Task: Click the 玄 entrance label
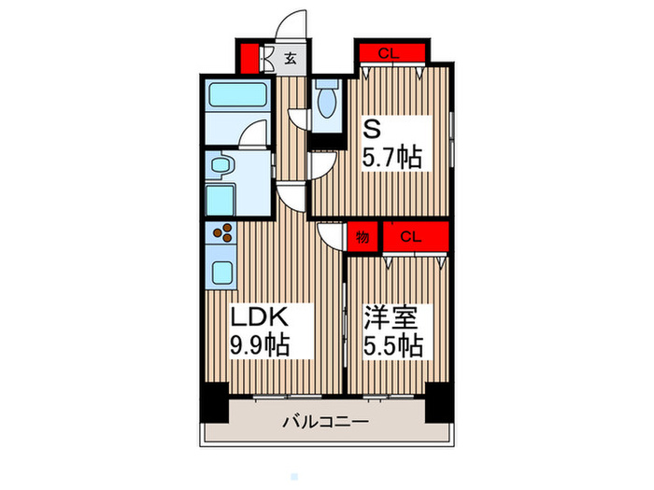click(291, 58)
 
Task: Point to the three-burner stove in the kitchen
click(223, 234)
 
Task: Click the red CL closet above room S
click(391, 52)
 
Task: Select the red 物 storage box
click(363, 237)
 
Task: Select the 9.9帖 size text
click(258, 344)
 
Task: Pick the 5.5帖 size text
click(391, 344)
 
